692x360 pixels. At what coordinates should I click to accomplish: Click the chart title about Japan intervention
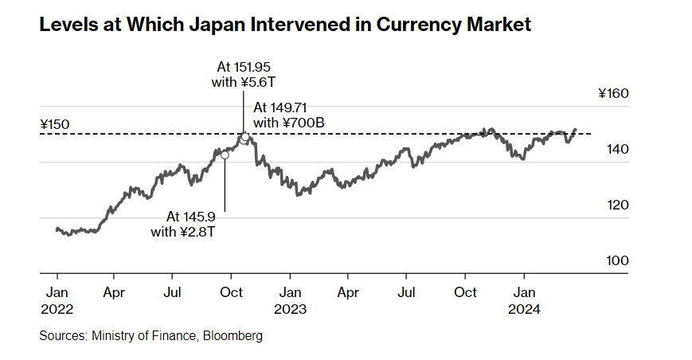pyautogui.click(x=285, y=25)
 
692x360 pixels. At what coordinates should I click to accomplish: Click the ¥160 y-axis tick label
pyautogui.click(x=613, y=94)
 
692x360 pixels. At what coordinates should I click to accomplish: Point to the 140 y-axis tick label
pyautogui.click(x=616, y=149)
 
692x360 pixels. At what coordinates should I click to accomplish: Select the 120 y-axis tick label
pyautogui.click(x=616, y=205)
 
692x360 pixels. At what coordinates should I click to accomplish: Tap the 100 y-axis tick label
pyautogui.click(x=616, y=260)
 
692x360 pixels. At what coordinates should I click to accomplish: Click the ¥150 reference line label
pyautogui.click(x=55, y=124)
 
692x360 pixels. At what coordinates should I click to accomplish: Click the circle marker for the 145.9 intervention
pyautogui.click(x=225, y=155)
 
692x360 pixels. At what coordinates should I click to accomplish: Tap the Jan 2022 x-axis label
pyautogui.click(x=57, y=299)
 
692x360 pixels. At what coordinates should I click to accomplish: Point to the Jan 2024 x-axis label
pyautogui.click(x=523, y=299)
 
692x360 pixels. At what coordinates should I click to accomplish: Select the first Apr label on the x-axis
pyautogui.click(x=115, y=292)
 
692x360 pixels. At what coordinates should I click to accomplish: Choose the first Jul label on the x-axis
pyautogui.click(x=173, y=292)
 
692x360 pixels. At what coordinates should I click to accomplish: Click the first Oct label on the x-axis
pyautogui.click(x=231, y=292)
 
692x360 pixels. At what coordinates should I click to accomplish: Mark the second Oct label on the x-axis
pyautogui.click(x=465, y=292)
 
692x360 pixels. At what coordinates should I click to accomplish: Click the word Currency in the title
pyautogui.click(x=419, y=25)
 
